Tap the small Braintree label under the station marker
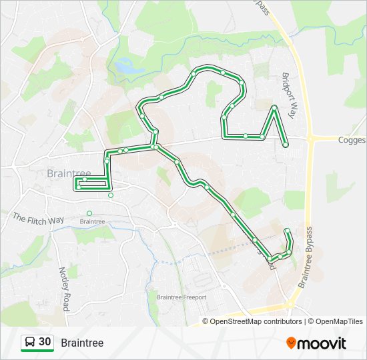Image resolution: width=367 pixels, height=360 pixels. [x=92, y=221]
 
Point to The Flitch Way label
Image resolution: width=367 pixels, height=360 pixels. [x=38, y=219]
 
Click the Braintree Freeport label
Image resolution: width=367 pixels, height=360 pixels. [x=181, y=297]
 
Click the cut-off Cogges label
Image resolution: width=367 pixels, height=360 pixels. [x=352, y=140]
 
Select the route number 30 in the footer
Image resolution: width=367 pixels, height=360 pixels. [x=45, y=342]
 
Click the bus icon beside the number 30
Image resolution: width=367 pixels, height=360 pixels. [x=30, y=343]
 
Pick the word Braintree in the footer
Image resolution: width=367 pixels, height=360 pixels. [x=82, y=343]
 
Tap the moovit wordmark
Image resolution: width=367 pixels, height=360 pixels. [x=322, y=343]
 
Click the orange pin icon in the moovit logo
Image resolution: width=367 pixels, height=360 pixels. [x=291, y=343]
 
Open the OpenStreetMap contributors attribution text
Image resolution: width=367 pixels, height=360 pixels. [x=254, y=321]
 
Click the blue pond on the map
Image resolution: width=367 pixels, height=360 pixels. [x=123, y=66]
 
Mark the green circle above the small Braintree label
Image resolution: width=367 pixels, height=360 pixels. [x=89, y=213]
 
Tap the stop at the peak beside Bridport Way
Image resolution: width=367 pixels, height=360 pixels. [x=274, y=107]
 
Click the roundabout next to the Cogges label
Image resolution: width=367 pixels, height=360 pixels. [x=311, y=139]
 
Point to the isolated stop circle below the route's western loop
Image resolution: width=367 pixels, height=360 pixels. [x=111, y=195]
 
